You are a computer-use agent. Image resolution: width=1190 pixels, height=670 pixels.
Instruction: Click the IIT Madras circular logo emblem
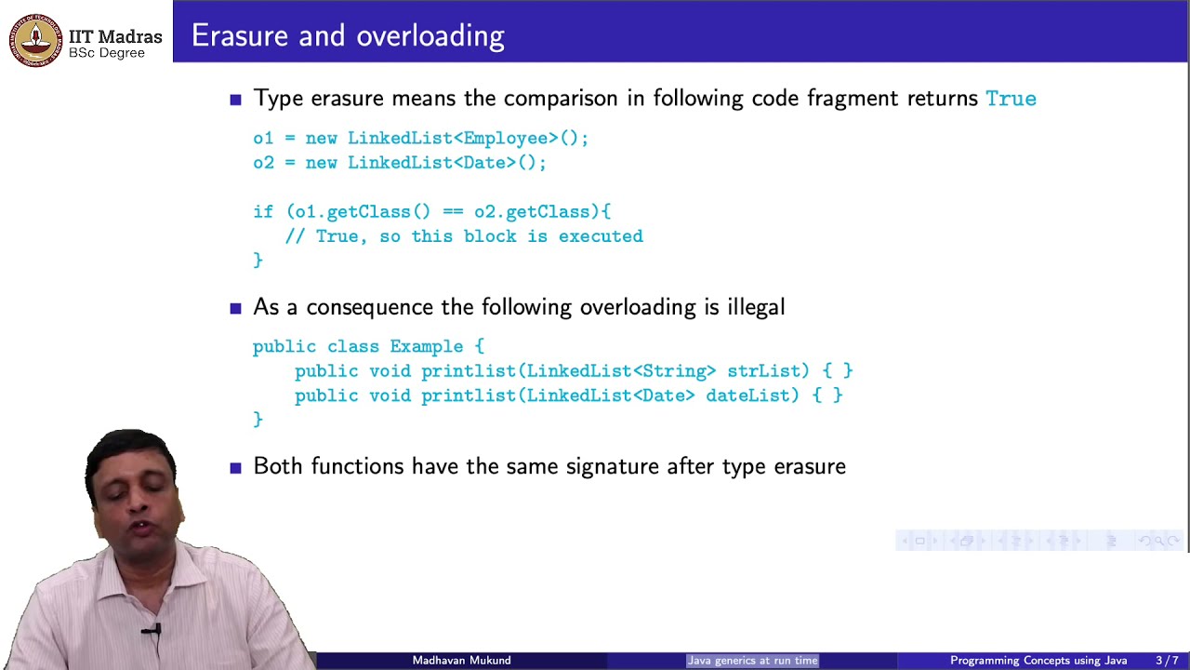35,41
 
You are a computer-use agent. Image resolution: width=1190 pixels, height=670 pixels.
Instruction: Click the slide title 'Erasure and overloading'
348,36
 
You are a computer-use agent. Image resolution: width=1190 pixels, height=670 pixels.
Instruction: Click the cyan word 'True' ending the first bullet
1011,99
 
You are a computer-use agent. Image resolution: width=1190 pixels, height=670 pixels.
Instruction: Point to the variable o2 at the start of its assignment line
263,163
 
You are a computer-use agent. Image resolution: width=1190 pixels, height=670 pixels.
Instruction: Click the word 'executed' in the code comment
601,236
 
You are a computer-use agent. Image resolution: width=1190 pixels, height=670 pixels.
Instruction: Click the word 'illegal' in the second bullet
756,307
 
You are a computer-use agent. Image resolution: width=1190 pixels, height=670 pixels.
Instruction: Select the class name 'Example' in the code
426,347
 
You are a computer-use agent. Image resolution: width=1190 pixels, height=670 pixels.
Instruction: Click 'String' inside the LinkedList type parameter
674,371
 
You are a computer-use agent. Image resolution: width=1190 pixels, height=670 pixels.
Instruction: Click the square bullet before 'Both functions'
235,467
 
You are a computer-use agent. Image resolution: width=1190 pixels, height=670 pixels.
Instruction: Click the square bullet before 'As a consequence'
235,308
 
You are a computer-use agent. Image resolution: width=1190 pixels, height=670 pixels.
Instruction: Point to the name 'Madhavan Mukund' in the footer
461,661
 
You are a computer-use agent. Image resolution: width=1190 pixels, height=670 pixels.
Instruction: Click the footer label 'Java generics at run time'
752,661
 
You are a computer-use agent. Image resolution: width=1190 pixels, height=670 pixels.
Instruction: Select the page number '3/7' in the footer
1167,661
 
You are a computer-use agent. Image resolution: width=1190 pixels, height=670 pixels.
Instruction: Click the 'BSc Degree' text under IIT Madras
107,53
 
